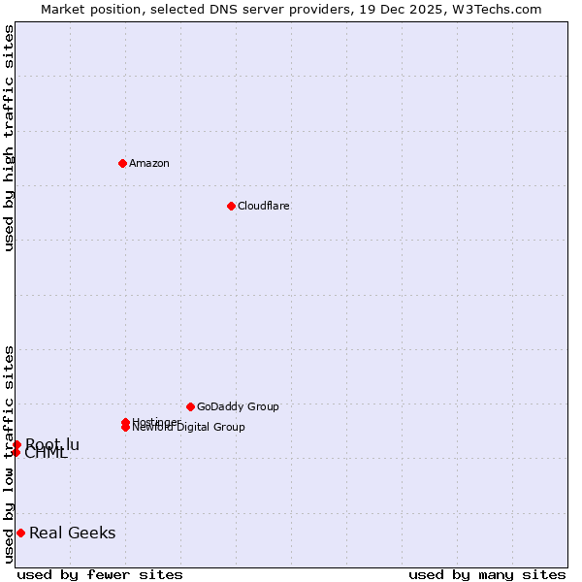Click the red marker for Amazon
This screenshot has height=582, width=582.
point(122,163)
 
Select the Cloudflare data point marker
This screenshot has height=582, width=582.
point(231,206)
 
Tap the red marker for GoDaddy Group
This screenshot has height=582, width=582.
point(190,406)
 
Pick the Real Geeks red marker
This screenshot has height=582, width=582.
point(20,533)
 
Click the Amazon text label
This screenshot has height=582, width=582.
point(148,163)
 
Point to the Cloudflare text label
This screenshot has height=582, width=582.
point(263,206)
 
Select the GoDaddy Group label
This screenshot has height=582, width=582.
point(238,406)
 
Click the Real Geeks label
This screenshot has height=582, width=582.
point(72,533)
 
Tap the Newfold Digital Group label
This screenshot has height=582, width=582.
point(188,428)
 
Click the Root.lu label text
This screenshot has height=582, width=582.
point(52,444)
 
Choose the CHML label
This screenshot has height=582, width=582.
point(46,453)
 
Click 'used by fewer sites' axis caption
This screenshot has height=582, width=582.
point(100,574)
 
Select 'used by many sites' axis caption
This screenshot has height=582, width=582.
point(487,574)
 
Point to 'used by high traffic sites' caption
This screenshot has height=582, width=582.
point(9,138)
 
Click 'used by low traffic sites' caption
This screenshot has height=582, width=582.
point(9,453)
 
